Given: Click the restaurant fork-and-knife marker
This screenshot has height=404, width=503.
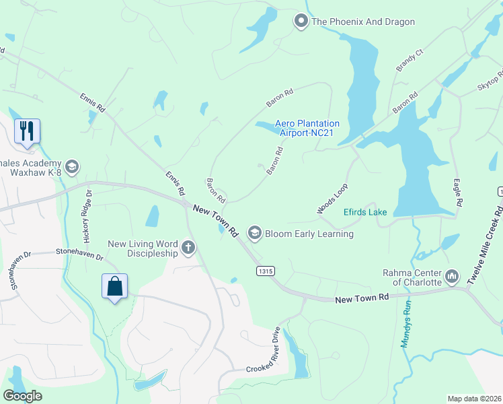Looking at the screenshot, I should click(27, 131).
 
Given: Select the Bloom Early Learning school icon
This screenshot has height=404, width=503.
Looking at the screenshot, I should click(255, 234).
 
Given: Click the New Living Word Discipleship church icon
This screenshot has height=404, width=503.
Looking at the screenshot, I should click(188, 248).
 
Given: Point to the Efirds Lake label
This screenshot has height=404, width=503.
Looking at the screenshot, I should click(365, 212).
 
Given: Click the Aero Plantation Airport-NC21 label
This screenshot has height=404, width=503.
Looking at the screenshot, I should click(307, 128).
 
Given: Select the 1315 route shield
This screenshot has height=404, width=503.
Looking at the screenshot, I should click(265, 270).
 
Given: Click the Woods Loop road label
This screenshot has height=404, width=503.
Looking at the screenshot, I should click(333, 199).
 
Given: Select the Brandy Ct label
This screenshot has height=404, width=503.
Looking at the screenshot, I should click(409, 60).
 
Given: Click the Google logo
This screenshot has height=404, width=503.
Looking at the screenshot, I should click(23, 395).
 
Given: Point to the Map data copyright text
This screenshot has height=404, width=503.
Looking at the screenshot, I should click(474, 399).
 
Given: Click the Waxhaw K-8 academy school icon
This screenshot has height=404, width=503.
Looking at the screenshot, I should click(72, 166).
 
